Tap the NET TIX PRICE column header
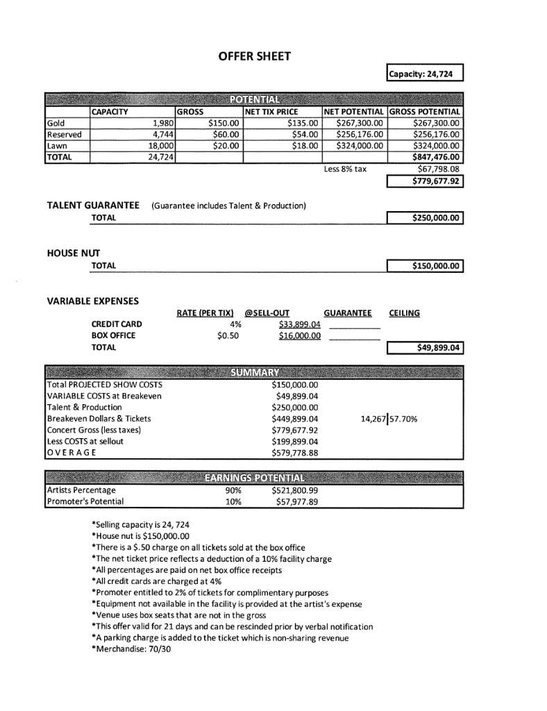point(271,112)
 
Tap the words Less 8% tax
point(345,169)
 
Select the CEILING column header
point(405,313)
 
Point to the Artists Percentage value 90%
point(223,490)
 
